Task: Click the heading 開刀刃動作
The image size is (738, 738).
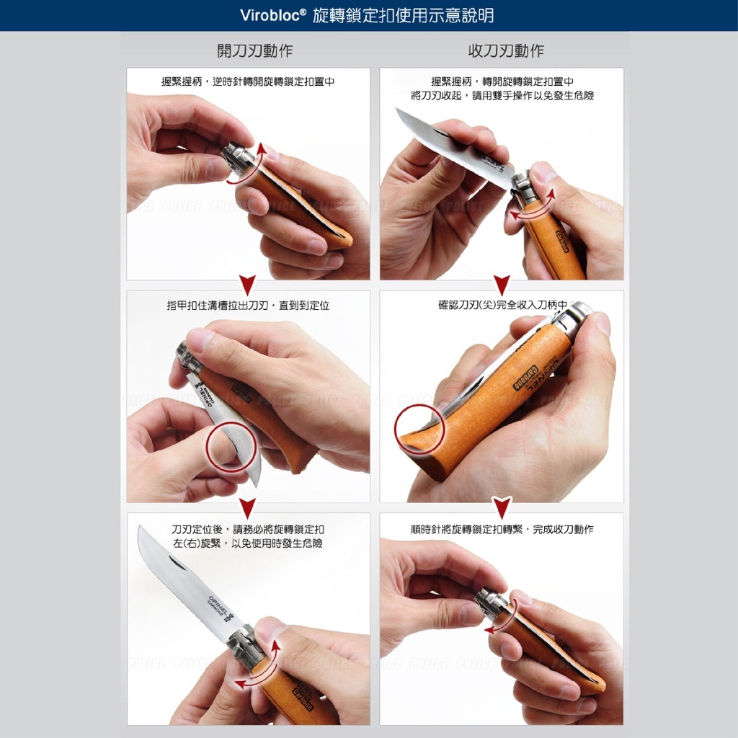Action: [x=254, y=50]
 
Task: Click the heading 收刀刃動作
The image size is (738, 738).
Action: [x=506, y=50]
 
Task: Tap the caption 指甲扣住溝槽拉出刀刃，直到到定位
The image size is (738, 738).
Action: [x=248, y=306]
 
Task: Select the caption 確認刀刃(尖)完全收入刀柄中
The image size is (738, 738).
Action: [x=502, y=305]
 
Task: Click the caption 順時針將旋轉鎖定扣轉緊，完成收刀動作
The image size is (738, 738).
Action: [x=502, y=530]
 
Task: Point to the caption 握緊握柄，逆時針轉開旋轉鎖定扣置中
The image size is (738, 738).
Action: [x=248, y=81]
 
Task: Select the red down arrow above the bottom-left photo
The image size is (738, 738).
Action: [x=248, y=508]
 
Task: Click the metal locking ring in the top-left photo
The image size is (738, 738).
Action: [x=236, y=159]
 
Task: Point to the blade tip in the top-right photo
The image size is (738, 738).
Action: [x=396, y=110]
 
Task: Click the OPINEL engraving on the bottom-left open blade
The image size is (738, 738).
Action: [x=219, y=605]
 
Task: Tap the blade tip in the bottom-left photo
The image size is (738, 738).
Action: [x=139, y=527]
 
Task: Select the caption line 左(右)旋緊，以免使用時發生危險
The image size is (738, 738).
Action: [x=248, y=543]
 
